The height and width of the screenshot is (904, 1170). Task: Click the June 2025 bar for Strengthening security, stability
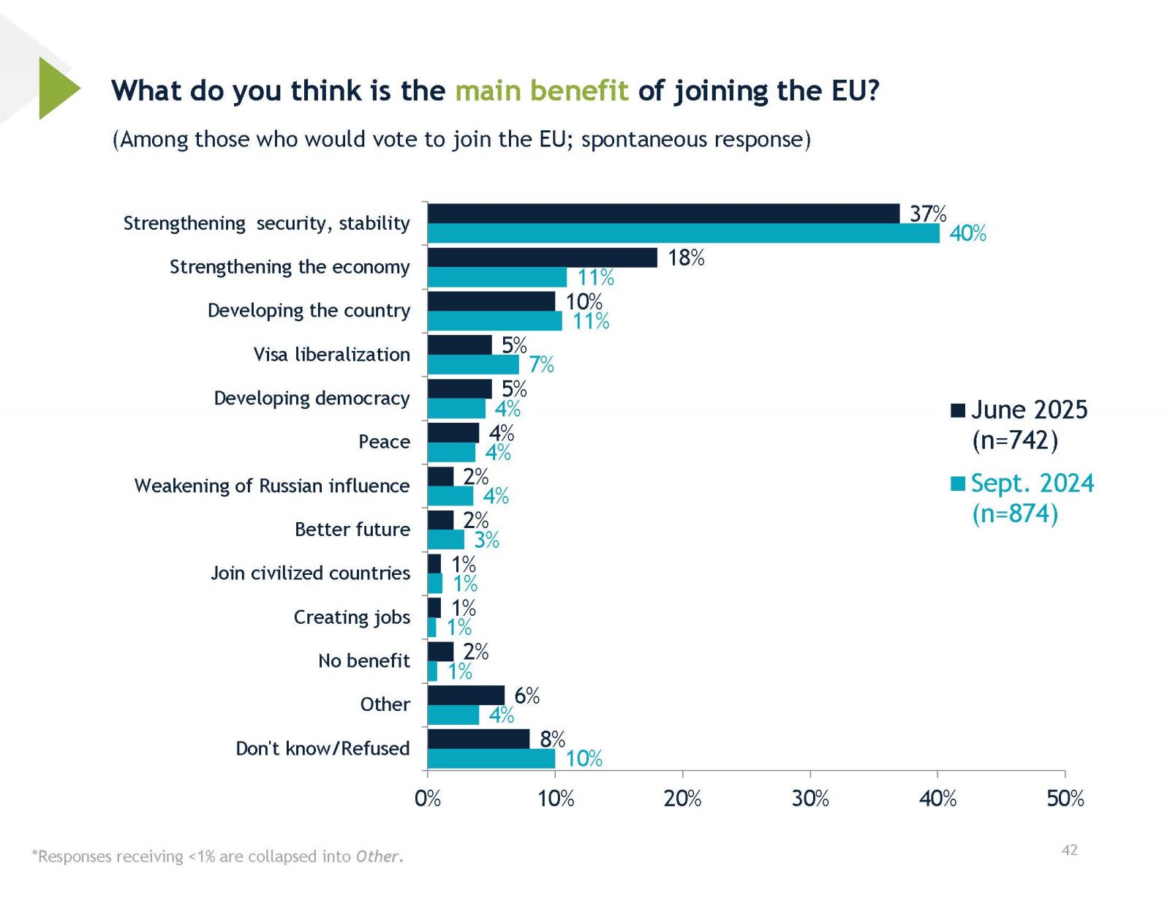point(663,214)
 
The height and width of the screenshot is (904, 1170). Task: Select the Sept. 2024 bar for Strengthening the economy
point(497,277)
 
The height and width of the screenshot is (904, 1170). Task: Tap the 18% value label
point(686,257)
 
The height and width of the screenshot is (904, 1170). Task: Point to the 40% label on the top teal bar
point(967,233)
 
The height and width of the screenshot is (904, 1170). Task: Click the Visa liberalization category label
point(331,355)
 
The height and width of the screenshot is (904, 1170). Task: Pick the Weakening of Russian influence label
point(271,486)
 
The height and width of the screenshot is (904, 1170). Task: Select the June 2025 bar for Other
point(466,695)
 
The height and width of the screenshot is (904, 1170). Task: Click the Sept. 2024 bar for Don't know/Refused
point(491,758)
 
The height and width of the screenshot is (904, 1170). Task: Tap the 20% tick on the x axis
point(682,798)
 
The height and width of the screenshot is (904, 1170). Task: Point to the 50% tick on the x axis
point(1065,798)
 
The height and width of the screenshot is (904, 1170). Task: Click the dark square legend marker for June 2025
point(958,410)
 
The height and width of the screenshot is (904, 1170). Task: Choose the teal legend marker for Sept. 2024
point(958,483)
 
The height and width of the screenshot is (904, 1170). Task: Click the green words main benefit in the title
point(541,91)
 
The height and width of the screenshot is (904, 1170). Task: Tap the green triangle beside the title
point(57,88)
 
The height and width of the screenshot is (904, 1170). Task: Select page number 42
point(1069,850)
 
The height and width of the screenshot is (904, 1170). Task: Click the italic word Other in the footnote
point(377,856)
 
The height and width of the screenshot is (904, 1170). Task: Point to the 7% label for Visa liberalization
point(541,364)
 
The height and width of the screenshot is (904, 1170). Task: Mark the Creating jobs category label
point(352,617)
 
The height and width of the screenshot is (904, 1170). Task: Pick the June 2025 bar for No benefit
point(440,651)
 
